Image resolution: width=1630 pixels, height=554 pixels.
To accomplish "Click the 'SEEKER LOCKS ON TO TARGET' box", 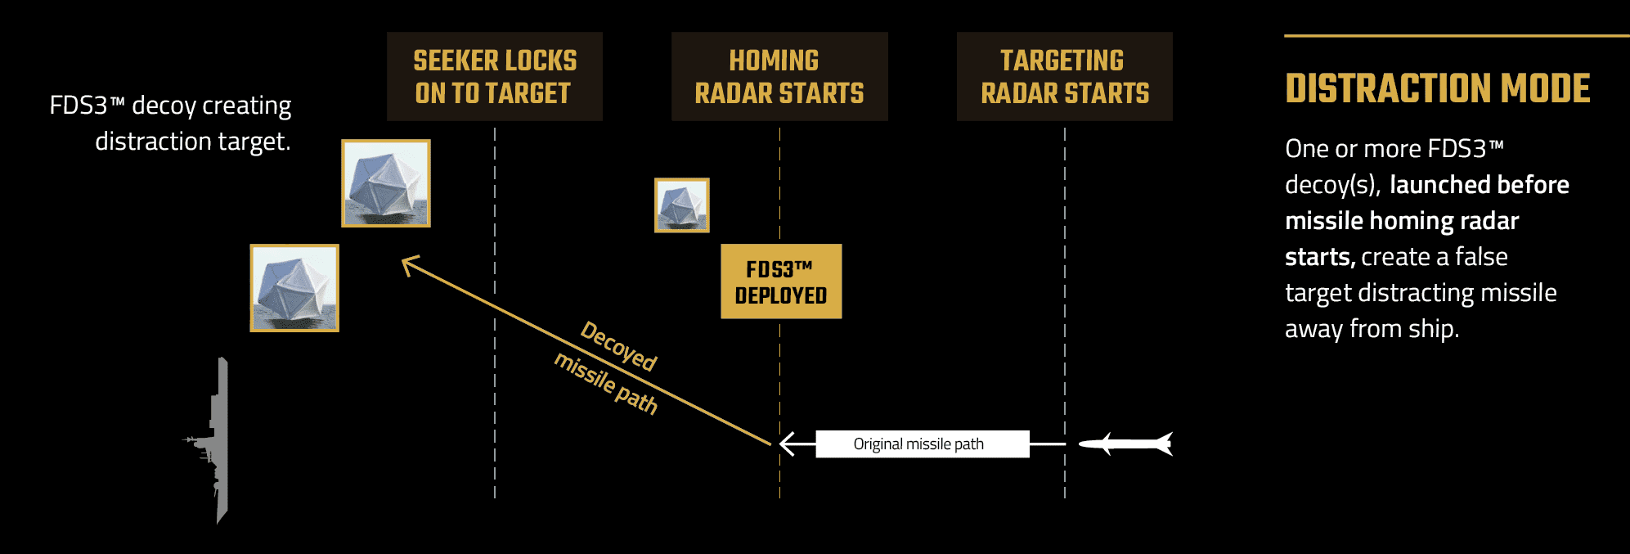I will pos(495,76).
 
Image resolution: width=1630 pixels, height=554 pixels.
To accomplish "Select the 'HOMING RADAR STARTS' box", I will pos(779,76).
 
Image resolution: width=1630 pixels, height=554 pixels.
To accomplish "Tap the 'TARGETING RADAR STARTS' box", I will pos(1064,76).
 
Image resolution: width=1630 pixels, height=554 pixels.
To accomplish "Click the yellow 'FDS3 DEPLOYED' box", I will pos(781,282).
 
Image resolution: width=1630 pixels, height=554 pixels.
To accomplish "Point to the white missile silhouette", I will pos(1127,444).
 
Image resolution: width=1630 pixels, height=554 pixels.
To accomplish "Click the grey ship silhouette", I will pos(218,442).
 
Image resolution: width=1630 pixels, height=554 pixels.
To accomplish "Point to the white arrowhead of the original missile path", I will pos(787,444).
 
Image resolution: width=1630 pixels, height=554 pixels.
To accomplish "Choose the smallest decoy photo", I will pos(682,205).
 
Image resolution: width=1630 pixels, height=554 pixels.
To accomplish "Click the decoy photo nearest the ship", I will pos(294,288).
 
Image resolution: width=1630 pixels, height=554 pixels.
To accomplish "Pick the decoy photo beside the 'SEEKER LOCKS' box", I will pos(386,183).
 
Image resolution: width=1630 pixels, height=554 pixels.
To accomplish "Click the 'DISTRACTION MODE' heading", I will pos(1437,88).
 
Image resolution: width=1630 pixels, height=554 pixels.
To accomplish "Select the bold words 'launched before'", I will pos(1479,185).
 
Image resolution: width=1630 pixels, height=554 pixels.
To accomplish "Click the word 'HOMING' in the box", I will pos(774,61).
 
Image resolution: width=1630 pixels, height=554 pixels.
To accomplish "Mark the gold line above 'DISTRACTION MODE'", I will pos(1456,36).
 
